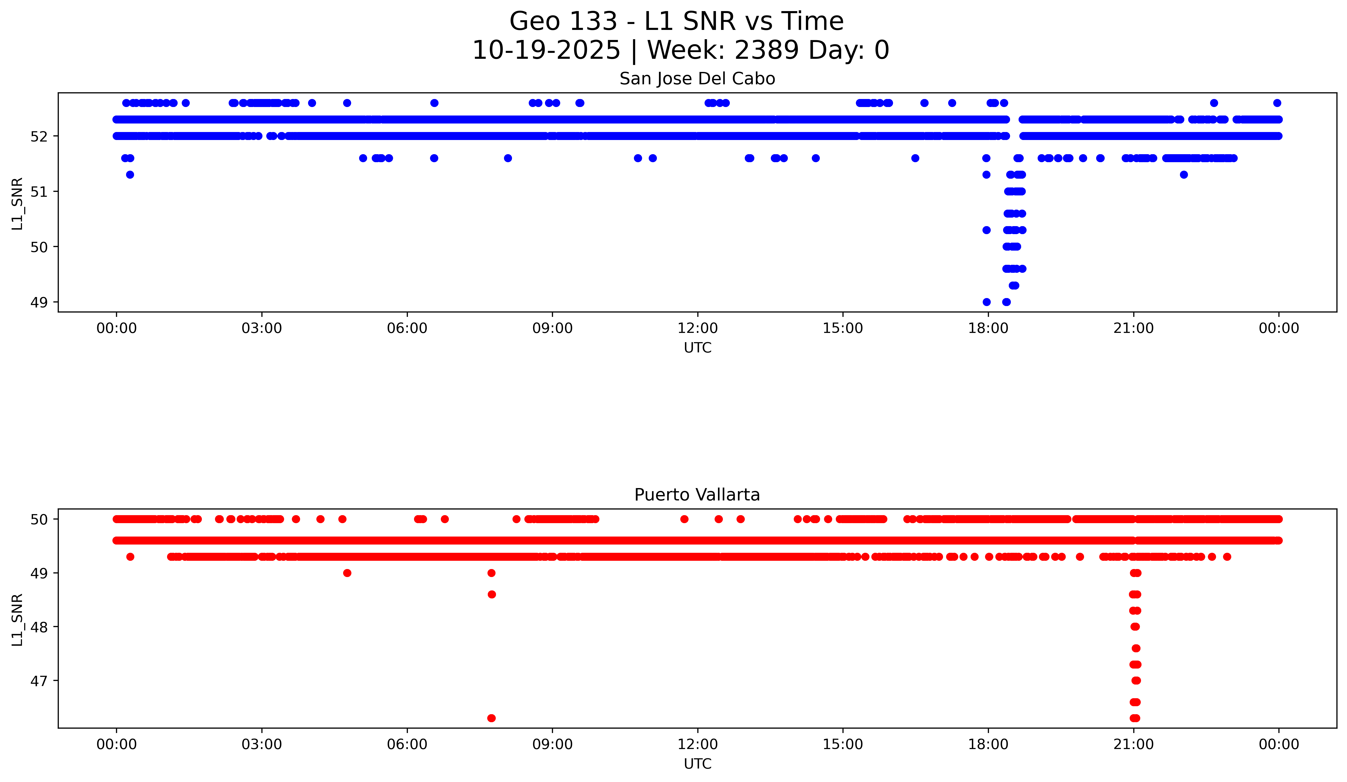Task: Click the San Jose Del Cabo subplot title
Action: [x=697, y=79]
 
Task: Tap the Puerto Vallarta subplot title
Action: [x=697, y=495]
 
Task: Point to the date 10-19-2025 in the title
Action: [x=546, y=50]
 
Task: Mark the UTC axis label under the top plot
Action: [x=697, y=348]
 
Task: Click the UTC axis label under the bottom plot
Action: [x=697, y=764]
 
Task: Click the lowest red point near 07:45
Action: [x=491, y=718]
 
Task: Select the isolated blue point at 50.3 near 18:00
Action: [x=986, y=230]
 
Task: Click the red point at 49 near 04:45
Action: [x=347, y=573]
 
